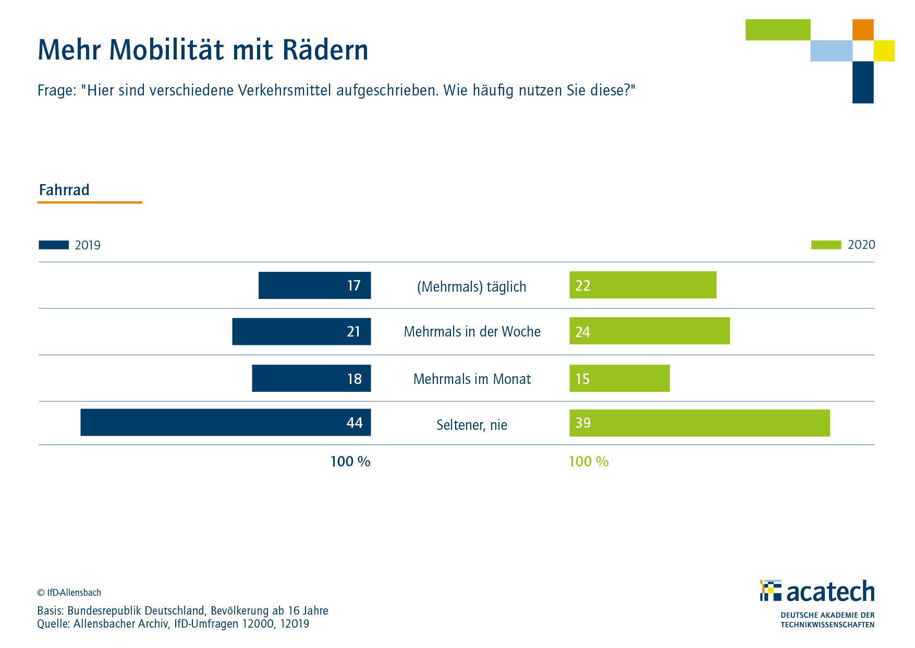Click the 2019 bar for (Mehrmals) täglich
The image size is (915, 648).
[x=314, y=285]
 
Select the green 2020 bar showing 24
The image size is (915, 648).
[x=649, y=331]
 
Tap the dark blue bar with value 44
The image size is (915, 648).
[x=225, y=422]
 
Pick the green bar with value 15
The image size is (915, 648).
[x=619, y=378]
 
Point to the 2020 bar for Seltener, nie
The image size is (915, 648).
[x=699, y=423]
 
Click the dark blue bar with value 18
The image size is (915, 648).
[x=311, y=378]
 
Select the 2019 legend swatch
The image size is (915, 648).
[x=54, y=245]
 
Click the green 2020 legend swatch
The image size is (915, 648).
[x=826, y=245]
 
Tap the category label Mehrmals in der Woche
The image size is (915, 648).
[x=472, y=332]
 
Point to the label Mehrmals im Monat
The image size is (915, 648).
[x=472, y=379]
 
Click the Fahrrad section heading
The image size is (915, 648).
[x=64, y=190]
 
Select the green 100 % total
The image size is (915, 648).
[x=589, y=462]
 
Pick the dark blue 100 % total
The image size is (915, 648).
[x=350, y=462]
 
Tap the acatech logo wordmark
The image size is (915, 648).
[x=830, y=592]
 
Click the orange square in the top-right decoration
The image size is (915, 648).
[x=863, y=30]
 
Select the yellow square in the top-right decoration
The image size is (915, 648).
[x=884, y=51]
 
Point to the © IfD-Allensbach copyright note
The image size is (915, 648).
[x=69, y=593]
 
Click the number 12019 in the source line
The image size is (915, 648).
[x=295, y=624]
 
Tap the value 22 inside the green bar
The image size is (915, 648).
[x=582, y=286]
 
